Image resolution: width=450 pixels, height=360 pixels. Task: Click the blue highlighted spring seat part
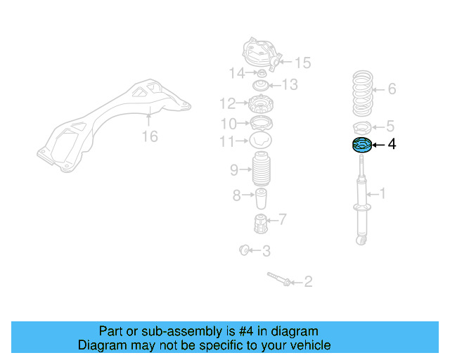(361, 146)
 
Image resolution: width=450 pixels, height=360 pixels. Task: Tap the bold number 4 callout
(392, 145)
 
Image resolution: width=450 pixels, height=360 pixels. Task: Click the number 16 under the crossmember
(150, 136)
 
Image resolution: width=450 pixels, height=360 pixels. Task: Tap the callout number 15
(302, 63)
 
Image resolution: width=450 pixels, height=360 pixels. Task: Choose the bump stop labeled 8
(261, 199)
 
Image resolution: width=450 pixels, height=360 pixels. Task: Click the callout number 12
(226, 104)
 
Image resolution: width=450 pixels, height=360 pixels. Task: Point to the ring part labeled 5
(362, 128)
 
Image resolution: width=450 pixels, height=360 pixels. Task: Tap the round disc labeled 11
(261, 141)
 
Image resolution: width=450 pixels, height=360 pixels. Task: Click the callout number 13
(290, 85)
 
